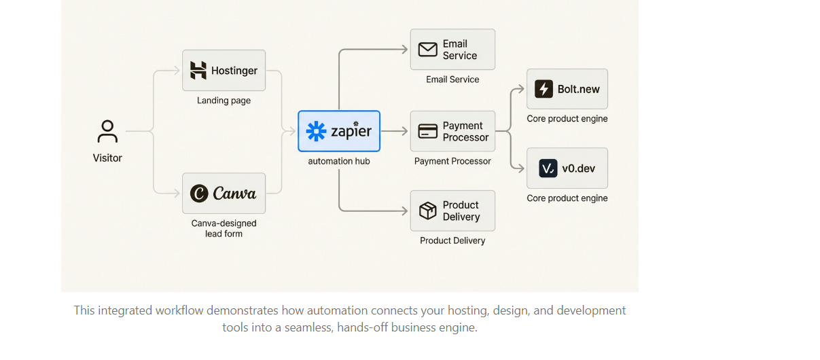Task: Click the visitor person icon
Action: coord(107,131)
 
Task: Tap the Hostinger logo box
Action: coord(224,71)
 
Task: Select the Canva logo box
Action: coord(224,194)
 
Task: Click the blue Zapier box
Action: coord(339,131)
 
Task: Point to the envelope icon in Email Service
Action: coord(427,50)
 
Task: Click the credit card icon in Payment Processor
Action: coord(427,131)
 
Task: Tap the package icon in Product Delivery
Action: coord(427,211)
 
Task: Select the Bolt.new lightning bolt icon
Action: coord(543,89)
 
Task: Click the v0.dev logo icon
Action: coord(548,168)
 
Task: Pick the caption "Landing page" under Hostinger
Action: coord(224,101)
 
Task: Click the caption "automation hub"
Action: coord(339,161)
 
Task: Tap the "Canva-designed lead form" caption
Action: coord(224,228)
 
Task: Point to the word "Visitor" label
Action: coord(107,158)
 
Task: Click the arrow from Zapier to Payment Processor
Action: coord(395,131)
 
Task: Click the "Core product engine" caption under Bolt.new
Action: coord(567,119)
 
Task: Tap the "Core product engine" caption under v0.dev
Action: coord(567,198)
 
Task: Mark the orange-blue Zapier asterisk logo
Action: coord(317,131)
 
